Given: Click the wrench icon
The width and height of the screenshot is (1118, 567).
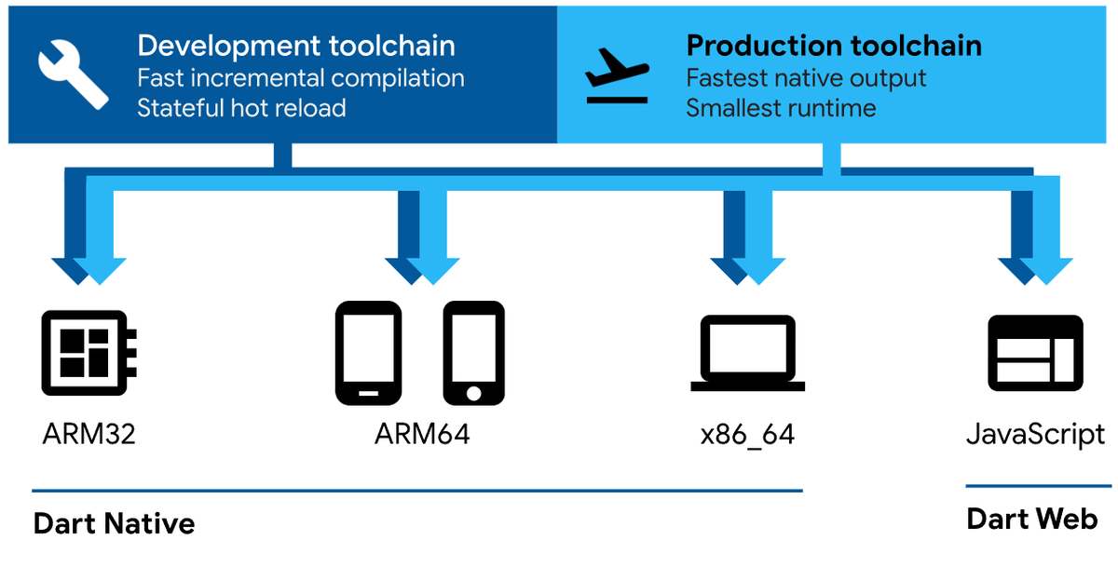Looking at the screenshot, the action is click(74, 74).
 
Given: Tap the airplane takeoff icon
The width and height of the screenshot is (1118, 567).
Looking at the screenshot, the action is click(618, 75).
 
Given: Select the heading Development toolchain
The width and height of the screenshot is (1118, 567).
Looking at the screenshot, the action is click(296, 46).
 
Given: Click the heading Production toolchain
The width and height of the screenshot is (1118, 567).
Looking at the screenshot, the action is click(834, 46).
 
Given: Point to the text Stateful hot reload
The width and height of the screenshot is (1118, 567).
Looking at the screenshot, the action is click(241, 108).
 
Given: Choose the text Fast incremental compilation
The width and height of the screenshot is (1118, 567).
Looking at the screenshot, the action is click(301, 78).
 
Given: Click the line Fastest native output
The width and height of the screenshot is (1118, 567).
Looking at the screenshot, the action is click(806, 78).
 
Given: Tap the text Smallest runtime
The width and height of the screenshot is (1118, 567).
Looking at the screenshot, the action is click(781, 108).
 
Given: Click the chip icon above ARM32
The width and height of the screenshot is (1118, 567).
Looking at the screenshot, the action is click(89, 353).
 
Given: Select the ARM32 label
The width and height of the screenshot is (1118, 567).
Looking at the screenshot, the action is click(89, 434).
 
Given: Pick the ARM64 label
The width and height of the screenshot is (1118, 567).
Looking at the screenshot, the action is click(422, 434).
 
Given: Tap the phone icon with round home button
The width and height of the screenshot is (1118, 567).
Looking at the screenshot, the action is click(473, 353).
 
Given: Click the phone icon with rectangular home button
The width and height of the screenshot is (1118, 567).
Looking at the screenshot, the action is click(368, 353).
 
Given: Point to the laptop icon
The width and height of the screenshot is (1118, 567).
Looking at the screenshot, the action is click(747, 353).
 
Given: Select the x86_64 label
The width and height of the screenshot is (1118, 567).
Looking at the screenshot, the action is click(747, 435).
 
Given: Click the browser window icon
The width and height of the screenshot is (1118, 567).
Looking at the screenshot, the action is click(1036, 353).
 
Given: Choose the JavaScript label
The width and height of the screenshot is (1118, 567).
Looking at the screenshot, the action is click(1036, 435).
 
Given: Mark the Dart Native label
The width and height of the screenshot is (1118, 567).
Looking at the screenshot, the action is click(115, 523).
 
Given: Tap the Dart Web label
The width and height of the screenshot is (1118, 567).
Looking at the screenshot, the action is click(1032, 520).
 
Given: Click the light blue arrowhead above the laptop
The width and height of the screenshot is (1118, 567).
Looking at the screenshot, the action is click(758, 271).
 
